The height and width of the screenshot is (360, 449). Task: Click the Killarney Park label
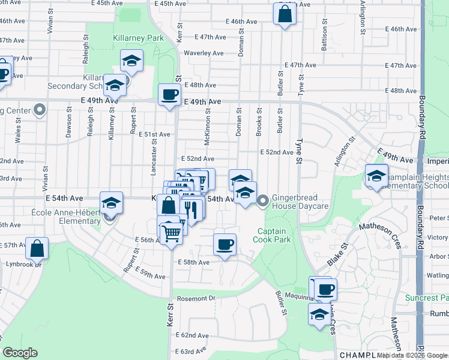coord(138,38)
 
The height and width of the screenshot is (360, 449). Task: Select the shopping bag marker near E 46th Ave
coord(285,14)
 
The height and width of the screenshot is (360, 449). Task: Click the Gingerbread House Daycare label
coord(300,202)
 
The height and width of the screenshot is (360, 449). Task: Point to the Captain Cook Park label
coord(274,235)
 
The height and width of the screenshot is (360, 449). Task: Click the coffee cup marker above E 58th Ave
coord(225,244)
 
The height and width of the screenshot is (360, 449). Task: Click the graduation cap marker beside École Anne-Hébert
coord(111,203)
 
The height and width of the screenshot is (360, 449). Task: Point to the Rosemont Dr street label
coord(195,298)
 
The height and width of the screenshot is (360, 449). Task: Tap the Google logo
coord(20,353)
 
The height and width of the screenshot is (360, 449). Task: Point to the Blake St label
coord(337,254)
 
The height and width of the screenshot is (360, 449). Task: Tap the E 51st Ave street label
coord(155,134)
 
